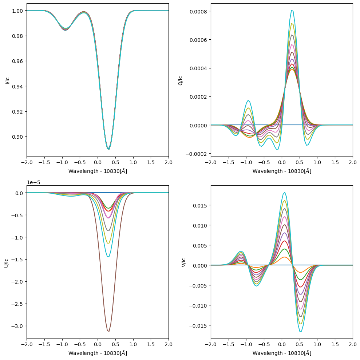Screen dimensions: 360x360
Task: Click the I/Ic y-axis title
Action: [x=7, y=80]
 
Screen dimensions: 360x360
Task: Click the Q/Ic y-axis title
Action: [x=181, y=80]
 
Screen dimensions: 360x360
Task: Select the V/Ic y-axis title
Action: [x=183, y=262]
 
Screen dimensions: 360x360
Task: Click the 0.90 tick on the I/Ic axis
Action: [x=17, y=137]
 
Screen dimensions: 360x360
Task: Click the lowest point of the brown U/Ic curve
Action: [x=108, y=331]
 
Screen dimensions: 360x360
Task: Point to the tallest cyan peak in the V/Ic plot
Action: [x=285, y=192]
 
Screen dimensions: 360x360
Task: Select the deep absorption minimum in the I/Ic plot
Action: [x=108, y=149]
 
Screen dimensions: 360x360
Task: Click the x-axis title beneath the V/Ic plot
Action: [x=282, y=353]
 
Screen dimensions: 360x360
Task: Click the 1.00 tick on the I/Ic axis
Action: [x=17, y=11]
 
